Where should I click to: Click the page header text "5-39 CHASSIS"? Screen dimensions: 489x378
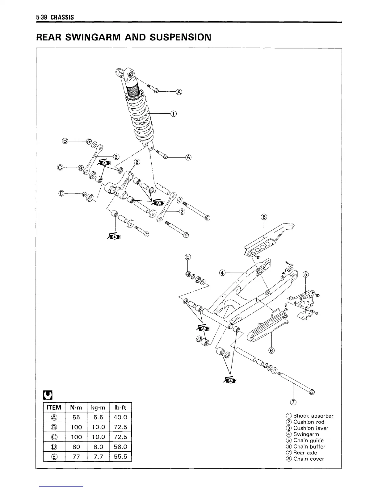point(55,17)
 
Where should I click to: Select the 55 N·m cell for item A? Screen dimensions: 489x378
point(76,417)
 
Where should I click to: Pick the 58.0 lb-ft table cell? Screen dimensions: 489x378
point(120,447)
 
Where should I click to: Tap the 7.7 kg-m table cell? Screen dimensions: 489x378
point(98,456)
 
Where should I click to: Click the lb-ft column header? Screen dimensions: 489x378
point(120,407)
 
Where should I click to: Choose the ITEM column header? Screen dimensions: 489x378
point(54,407)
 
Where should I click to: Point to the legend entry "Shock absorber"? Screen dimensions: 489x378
point(313,416)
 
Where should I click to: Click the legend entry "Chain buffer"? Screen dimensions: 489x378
point(309,446)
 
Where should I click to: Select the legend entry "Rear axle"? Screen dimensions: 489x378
point(305,453)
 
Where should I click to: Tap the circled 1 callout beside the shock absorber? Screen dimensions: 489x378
point(173,114)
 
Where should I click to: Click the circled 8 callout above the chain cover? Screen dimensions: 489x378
point(264,217)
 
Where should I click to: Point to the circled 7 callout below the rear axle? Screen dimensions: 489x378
point(293,402)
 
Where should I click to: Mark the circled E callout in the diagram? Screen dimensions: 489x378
point(188,257)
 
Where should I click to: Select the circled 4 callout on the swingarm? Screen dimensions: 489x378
point(222,272)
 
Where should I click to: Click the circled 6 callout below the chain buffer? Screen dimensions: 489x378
point(272,350)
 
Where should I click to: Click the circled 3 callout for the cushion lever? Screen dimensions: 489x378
point(137,162)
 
